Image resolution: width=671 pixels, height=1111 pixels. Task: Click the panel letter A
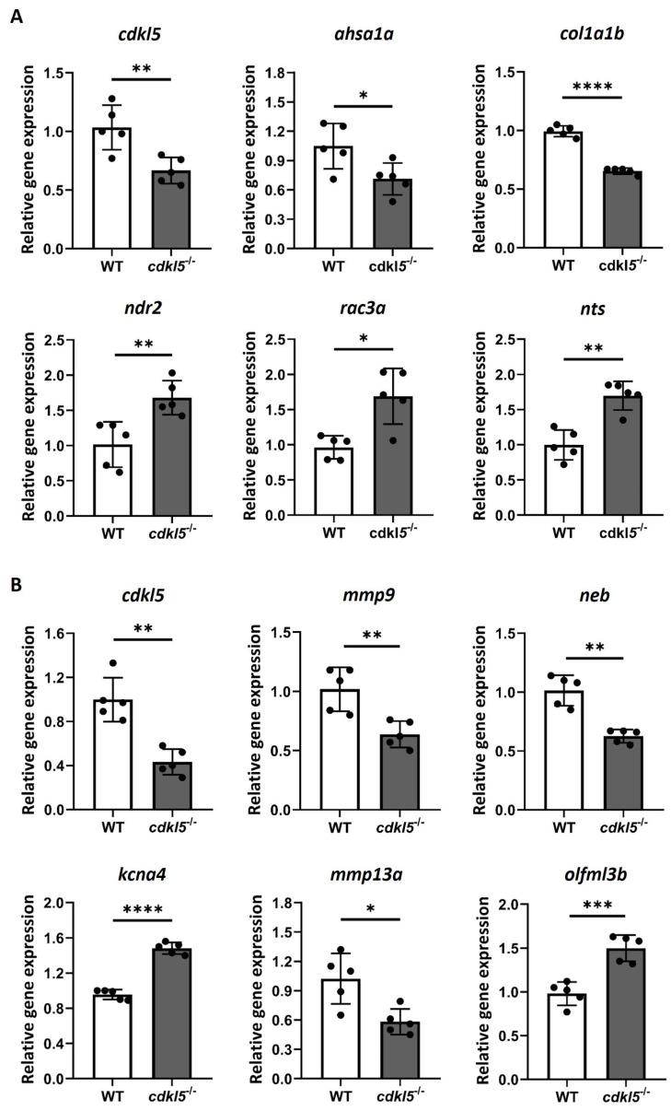coord(16,16)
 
